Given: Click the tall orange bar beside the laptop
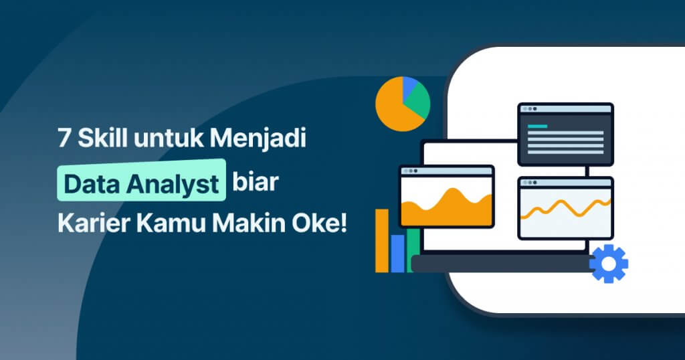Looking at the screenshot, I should point(382,241).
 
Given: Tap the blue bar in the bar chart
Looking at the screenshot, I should point(397,253).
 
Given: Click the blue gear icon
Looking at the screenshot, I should point(608,264).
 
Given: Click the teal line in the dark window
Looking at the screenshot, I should point(537,126).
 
